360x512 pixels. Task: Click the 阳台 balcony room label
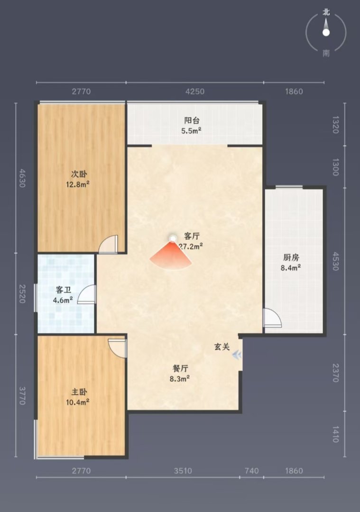click(192, 120)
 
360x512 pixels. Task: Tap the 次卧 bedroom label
click(79, 174)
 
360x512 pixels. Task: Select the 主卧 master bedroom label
click(79, 392)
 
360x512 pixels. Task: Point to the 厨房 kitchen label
click(291, 257)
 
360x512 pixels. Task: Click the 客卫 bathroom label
click(64, 290)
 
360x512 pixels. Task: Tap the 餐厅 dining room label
click(180, 368)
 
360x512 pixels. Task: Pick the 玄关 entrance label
click(222, 347)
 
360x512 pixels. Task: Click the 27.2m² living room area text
click(191, 246)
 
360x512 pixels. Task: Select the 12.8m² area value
click(78, 184)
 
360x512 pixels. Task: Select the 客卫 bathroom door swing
click(87, 294)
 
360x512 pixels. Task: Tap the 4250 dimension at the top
click(195, 91)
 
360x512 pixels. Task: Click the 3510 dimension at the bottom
click(183, 471)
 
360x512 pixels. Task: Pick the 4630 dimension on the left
click(22, 178)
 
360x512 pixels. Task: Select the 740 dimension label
click(251, 471)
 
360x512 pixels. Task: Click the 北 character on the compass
click(326, 12)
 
